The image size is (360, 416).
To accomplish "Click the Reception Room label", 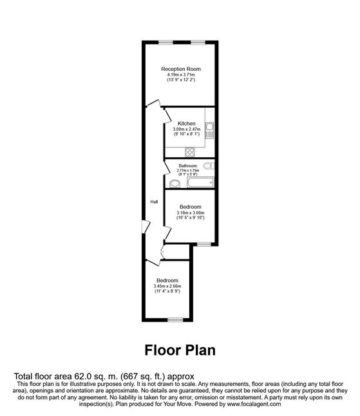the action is [181, 69].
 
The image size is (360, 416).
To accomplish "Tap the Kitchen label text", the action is [187, 124].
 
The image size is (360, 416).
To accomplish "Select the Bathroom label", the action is [187, 165].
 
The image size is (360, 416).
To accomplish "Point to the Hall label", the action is [154, 202].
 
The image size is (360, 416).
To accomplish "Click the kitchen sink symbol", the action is [209, 131].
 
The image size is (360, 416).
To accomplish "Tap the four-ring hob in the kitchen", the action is [190, 152].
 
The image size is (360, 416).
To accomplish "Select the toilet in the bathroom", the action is [209, 165].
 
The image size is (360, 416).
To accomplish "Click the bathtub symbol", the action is [200, 182].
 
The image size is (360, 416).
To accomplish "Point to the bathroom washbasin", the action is [175, 184].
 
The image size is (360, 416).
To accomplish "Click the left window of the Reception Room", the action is [166, 43].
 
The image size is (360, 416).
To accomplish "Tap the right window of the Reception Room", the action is [198, 43].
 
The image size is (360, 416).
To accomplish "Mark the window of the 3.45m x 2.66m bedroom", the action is [175, 320].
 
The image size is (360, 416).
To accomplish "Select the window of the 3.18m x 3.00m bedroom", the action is [204, 244].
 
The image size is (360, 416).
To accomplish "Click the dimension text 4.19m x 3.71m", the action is [181, 75].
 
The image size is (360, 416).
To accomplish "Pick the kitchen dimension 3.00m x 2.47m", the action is [187, 129].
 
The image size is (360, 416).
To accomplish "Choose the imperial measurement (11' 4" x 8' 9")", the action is [167, 291].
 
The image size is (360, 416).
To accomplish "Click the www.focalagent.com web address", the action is [253, 404].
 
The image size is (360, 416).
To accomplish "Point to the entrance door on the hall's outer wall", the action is [146, 226].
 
